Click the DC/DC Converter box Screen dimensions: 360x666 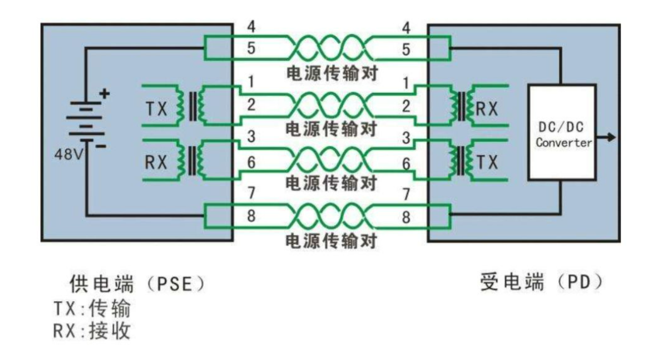[x=561, y=132]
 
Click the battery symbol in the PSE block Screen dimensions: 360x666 [x=86, y=121]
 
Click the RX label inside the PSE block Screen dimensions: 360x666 [x=156, y=162]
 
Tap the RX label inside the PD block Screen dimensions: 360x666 [x=487, y=109]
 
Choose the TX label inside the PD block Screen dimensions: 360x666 [x=487, y=162]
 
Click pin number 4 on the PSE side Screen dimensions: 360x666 [x=251, y=28]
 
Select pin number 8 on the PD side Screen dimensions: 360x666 [x=406, y=217]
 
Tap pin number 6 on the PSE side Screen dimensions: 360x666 [x=251, y=163]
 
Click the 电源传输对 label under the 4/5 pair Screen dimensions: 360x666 [x=332, y=74]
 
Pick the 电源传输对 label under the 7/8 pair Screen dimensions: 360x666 [x=332, y=241]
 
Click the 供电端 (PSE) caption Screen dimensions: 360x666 [x=136, y=285]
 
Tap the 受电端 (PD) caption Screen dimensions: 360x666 [x=542, y=283]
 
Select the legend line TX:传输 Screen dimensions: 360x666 [x=92, y=309]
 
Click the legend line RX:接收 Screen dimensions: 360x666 [x=92, y=331]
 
